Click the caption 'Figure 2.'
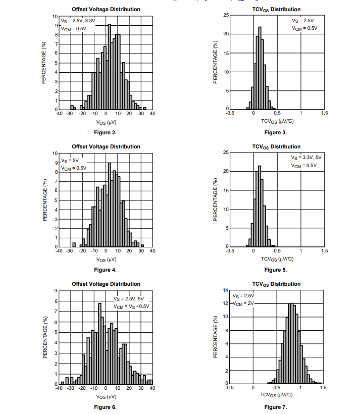tap(106, 132)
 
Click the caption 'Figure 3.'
tap(276, 132)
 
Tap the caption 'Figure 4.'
tap(106, 270)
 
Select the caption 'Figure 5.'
tap(276, 270)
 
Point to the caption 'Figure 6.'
tap(106, 407)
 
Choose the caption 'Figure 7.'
tap(276, 407)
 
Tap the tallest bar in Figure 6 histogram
tap(100, 344)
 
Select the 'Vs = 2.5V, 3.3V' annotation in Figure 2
tap(78, 21)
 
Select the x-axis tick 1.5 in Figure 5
tap(324, 250)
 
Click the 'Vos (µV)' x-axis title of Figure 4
tap(106, 259)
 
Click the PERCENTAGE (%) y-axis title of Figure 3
tap(216, 63)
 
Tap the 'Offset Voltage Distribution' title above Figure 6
tap(106, 284)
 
